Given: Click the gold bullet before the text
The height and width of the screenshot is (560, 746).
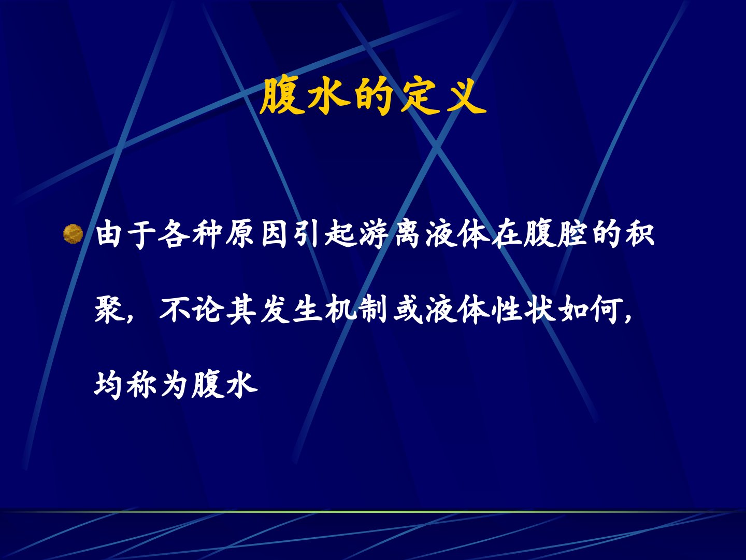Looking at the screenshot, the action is [73, 234].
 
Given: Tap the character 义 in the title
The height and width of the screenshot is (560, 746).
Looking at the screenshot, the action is [466, 96].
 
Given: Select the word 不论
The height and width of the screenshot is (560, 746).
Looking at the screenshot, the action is [192, 310].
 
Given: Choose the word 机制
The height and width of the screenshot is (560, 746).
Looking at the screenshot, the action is [356, 310].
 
